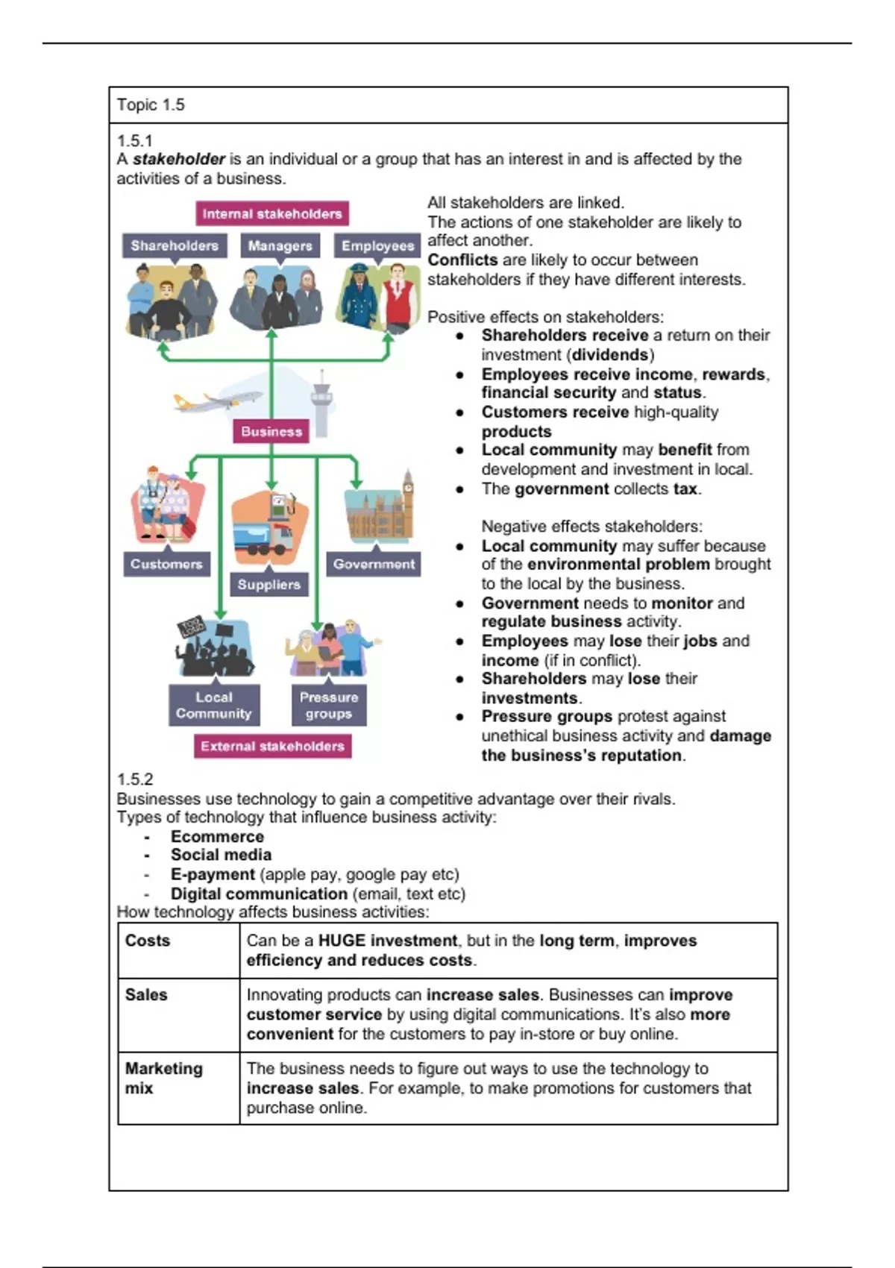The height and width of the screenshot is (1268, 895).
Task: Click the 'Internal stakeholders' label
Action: click(x=272, y=214)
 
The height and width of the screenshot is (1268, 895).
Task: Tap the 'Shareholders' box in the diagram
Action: click(x=175, y=245)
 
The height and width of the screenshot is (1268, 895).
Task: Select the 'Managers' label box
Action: click(x=280, y=245)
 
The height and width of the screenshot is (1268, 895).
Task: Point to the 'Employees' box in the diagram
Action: click(x=377, y=245)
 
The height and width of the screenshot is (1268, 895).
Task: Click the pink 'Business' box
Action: click(x=271, y=431)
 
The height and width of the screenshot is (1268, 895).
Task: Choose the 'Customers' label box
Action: click(x=166, y=564)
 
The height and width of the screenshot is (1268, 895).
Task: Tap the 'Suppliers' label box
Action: click(x=269, y=585)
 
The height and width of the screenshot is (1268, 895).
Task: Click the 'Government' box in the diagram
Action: click(x=374, y=564)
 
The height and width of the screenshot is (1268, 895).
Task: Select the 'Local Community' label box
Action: click(x=214, y=705)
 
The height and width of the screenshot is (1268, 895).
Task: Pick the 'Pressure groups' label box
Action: click(x=329, y=705)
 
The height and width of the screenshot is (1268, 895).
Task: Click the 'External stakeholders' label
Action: click(x=272, y=746)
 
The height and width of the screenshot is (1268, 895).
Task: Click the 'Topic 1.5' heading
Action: click(x=151, y=105)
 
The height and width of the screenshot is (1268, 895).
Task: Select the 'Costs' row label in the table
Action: click(x=148, y=941)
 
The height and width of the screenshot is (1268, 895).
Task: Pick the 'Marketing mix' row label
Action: click(x=163, y=1078)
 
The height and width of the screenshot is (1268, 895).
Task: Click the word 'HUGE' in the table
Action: click(x=342, y=941)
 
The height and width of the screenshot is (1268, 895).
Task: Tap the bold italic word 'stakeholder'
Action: click(x=179, y=159)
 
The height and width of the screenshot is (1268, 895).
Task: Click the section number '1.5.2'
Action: click(x=135, y=779)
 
